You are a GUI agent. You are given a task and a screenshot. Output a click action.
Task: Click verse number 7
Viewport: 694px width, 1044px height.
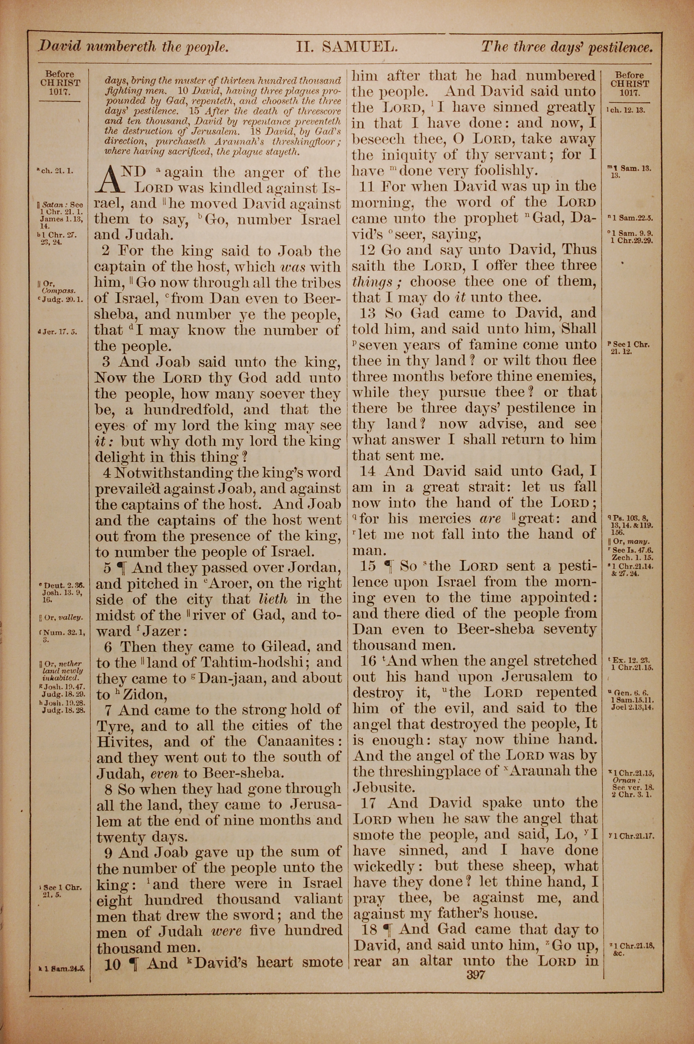pyautogui.click(x=109, y=710)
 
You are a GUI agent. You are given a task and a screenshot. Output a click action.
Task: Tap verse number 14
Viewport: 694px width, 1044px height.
pyautogui.click(x=368, y=471)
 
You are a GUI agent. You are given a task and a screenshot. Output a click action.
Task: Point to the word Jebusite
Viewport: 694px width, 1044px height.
pyautogui.click(x=383, y=787)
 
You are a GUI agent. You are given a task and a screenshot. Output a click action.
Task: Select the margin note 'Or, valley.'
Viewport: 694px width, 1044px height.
pyautogui.click(x=61, y=617)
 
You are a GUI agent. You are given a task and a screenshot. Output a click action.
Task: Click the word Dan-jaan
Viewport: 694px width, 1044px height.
pyautogui.click(x=233, y=679)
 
